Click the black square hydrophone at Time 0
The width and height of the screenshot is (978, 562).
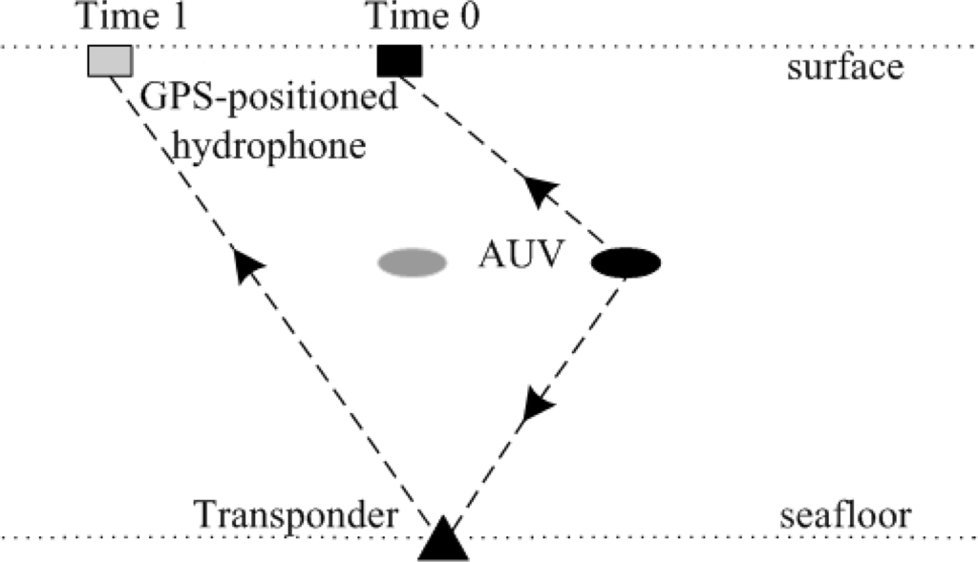(x=399, y=61)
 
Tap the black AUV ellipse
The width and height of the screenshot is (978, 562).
(x=626, y=262)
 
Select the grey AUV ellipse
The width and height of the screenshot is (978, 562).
(x=412, y=262)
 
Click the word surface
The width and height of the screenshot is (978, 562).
(x=845, y=68)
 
